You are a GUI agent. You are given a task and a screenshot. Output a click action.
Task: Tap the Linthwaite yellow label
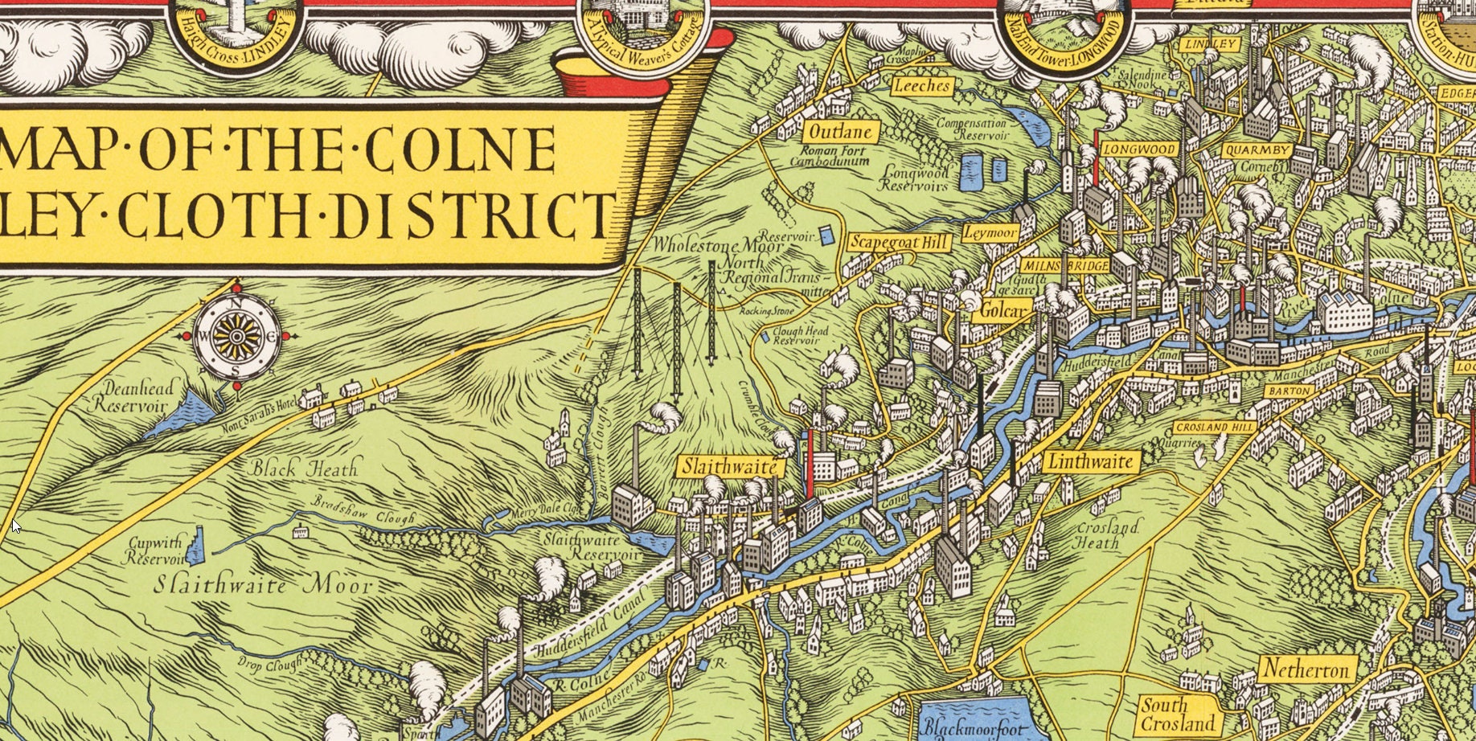tap(1092, 461)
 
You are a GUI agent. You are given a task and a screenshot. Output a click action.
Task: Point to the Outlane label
tap(841, 132)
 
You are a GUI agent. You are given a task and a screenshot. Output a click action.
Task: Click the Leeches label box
tap(922, 85)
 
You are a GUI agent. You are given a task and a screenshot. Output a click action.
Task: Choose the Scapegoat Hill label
tap(900, 242)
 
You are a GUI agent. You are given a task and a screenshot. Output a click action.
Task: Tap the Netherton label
tap(1306, 669)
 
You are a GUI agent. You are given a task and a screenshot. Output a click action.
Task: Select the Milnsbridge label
tap(1066, 265)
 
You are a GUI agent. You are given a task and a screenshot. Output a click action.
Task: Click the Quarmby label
tap(1257, 149)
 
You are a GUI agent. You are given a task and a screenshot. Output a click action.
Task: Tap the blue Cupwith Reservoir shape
tap(197, 545)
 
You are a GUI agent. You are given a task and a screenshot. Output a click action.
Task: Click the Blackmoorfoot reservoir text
tap(973, 728)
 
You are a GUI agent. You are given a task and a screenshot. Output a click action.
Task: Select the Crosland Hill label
tap(1214, 428)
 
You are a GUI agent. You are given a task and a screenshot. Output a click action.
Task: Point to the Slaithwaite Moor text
tap(264, 584)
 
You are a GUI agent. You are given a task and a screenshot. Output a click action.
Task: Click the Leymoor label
tap(990, 233)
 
